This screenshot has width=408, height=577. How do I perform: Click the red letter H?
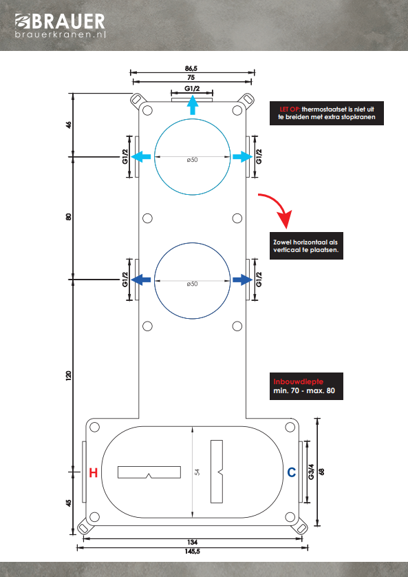pyautogui.click(x=94, y=472)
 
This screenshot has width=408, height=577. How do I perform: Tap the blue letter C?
pyautogui.click(x=292, y=472)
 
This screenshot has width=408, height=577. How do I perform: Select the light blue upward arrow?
pyautogui.click(x=192, y=105)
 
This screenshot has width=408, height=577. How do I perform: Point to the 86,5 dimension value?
pyautogui.click(x=191, y=68)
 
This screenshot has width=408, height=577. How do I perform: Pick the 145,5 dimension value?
pyautogui.click(x=192, y=552)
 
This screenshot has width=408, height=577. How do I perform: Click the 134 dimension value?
pyautogui.click(x=192, y=542)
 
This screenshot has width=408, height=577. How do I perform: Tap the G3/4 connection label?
pyautogui.click(x=311, y=472)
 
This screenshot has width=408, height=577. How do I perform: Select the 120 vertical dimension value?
pyautogui.click(x=68, y=376)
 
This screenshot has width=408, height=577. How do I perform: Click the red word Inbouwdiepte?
pyautogui.click(x=299, y=381)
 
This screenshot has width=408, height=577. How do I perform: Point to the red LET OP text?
pyautogui.click(x=290, y=109)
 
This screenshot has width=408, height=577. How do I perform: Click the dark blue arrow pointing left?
pyautogui.click(x=141, y=280)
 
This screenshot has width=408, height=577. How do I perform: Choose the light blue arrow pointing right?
pyautogui.click(x=243, y=157)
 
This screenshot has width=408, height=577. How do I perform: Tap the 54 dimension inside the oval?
pyautogui.click(x=197, y=472)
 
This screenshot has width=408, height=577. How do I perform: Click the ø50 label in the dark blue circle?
pyautogui.click(x=192, y=284)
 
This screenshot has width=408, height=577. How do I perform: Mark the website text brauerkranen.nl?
pyautogui.click(x=61, y=34)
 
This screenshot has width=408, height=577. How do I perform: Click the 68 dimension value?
pyautogui.click(x=321, y=472)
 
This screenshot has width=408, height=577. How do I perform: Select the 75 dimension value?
pyautogui.click(x=191, y=78)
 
